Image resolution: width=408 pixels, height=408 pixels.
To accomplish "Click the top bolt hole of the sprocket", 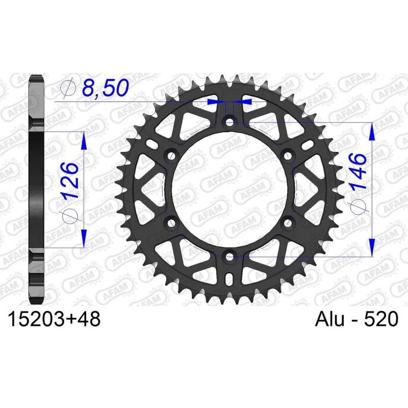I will (x=229, y=122).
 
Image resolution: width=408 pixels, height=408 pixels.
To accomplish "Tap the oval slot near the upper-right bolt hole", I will (x=305, y=147).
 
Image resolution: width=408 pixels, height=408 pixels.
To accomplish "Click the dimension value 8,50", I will (x=105, y=89).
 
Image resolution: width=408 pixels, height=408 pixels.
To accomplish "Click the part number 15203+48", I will (x=54, y=320).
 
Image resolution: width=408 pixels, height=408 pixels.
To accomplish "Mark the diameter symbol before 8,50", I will (x=67, y=89).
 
